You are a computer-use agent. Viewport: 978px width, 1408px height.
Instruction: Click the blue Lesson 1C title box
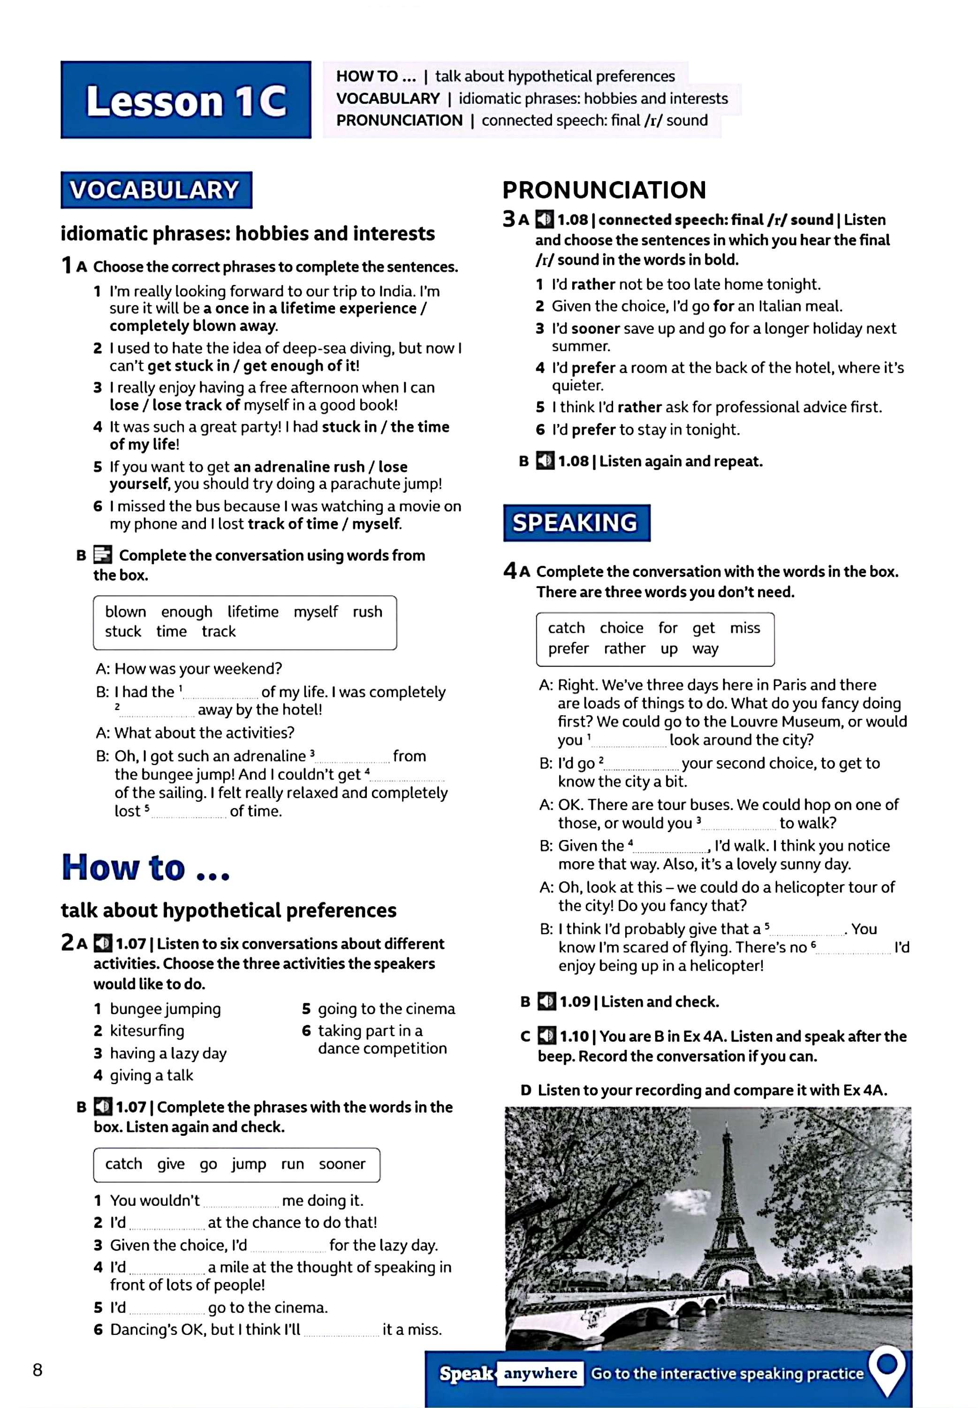[186, 100]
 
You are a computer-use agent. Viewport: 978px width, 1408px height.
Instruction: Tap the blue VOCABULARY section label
[156, 190]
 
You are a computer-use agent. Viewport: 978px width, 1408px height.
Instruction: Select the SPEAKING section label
[576, 523]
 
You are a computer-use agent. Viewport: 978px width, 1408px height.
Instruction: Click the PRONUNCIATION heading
[604, 190]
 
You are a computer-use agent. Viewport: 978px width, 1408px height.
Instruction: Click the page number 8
[38, 1370]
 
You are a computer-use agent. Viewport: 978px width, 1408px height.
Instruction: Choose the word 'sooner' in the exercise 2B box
[342, 1164]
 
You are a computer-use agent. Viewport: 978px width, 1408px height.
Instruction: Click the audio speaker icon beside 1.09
[546, 1002]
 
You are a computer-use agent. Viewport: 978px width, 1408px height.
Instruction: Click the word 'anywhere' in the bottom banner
[540, 1374]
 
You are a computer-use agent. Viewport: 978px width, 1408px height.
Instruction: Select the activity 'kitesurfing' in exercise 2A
[147, 1031]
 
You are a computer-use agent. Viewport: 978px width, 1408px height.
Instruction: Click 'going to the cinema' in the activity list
[386, 1009]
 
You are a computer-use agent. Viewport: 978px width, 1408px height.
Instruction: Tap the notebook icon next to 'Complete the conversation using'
[102, 555]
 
